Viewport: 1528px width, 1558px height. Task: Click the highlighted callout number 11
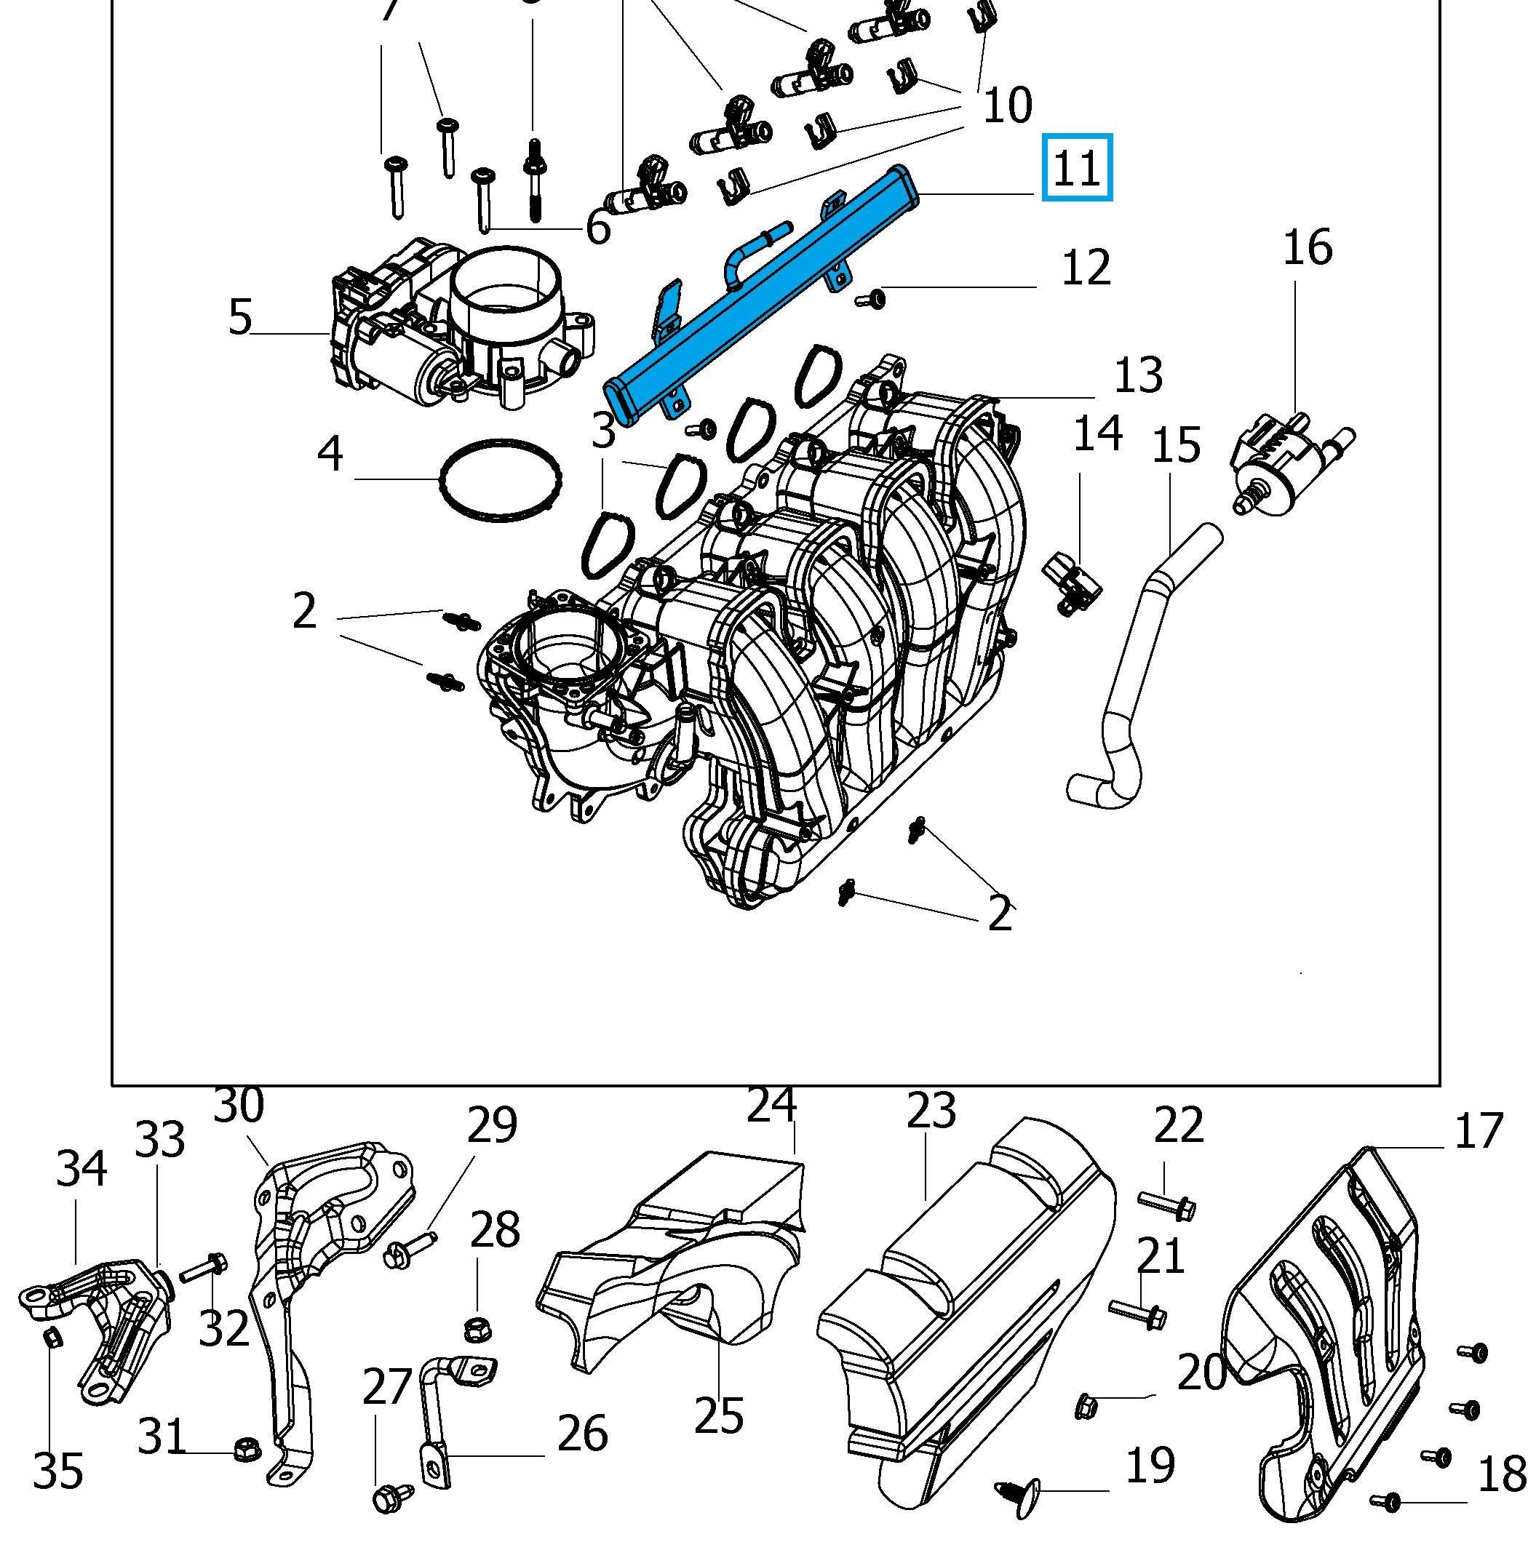coord(1076,169)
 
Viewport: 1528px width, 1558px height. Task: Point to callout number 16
coord(1308,247)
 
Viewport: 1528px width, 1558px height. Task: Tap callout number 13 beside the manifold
coord(1139,375)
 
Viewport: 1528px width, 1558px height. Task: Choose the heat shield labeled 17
coord(1324,1332)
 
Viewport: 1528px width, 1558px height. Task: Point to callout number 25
coord(718,1416)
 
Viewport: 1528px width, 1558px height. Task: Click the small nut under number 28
coord(477,1330)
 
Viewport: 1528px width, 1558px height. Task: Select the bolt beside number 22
coord(1168,1203)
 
